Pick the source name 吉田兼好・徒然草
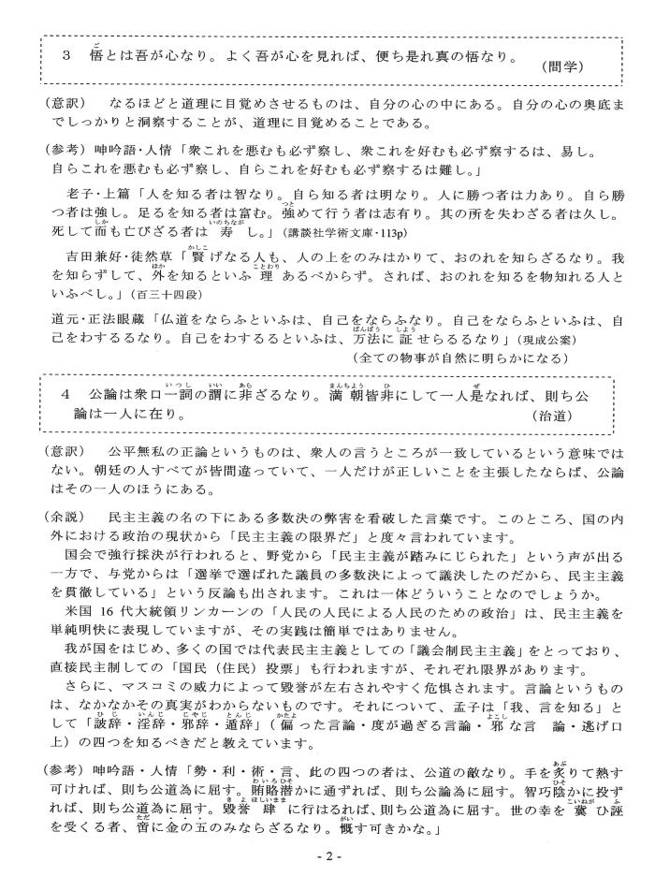coord(118,255)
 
